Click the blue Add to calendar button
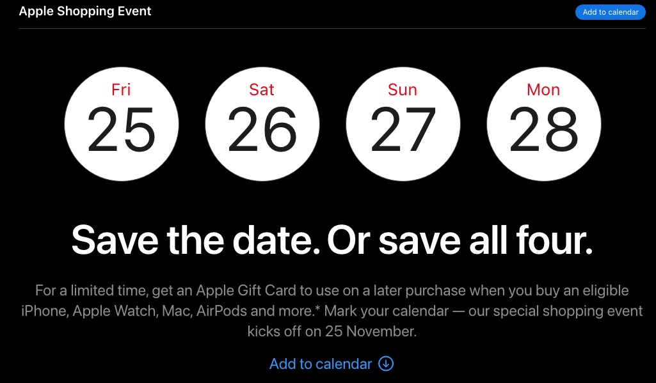(611, 12)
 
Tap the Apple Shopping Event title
(85, 12)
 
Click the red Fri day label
(121, 90)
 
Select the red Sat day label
(262, 90)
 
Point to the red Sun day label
(403, 90)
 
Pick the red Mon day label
(543, 90)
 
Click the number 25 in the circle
(122, 129)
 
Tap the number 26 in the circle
(262, 129)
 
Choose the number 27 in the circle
(403, 129)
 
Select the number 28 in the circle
(544, 129)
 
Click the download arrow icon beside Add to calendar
(386, 363)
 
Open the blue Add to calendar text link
(321, 364)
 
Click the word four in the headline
(555, 240)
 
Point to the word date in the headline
(276, 240)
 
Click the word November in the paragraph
(381, 331)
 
